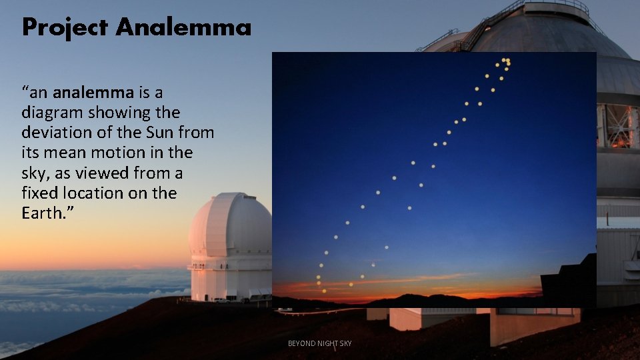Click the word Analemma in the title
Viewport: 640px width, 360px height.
click(x=183, y=27)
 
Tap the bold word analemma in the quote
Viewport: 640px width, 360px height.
click(x=93, y=92)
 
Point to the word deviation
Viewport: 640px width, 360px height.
click(x=53, y=132)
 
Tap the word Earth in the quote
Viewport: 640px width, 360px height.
click(x=44, y=213)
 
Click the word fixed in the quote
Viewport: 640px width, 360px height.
click(x=38, y=193)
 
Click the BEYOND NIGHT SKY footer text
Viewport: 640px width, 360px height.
click(x=319, y=343)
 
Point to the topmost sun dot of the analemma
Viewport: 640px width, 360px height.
click(x=504, y=60)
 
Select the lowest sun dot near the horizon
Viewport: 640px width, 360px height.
click(x=324, y=291)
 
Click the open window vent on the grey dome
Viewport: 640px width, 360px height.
click(x=618, y=125)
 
